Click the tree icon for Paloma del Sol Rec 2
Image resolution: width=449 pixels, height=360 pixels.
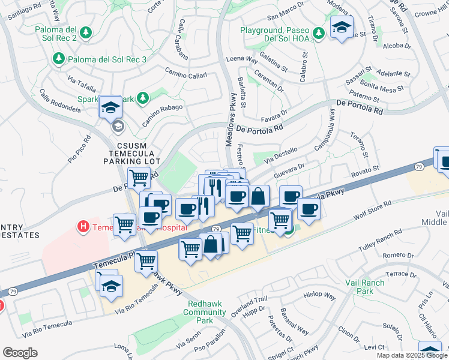point(86,32)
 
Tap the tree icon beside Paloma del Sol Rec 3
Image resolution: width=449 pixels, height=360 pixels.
point(58,58)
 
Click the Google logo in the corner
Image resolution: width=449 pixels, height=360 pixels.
point(20,353)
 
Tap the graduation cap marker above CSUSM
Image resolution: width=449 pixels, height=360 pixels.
point(111,107)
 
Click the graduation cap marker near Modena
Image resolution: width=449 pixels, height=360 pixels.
point(342,27)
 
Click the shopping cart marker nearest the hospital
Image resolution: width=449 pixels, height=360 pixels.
point(124,225)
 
